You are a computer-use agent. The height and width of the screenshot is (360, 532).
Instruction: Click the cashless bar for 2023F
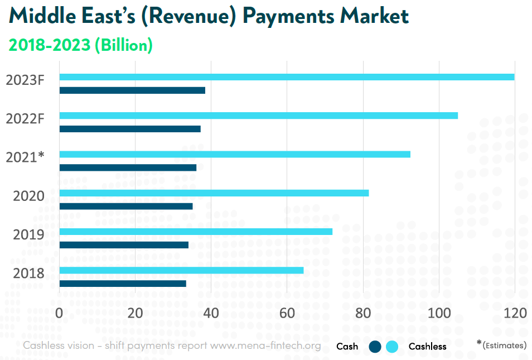pos(287,77)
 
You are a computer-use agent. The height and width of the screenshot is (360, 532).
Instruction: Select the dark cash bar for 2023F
pos(132,90)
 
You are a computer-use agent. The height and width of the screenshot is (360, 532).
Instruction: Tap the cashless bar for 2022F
pos(258,116)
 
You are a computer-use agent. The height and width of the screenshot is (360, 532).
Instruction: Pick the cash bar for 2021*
pos(128,167)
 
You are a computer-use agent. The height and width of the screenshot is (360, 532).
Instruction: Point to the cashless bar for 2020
pos(214,193)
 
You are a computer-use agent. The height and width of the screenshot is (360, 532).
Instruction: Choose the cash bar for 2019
pos(124,244)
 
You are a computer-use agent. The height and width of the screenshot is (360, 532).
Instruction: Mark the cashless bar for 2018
pos(181,270)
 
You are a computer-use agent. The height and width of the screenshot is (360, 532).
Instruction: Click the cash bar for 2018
pos(123,284)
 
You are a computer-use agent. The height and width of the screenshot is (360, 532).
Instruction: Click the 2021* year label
pos(25,157)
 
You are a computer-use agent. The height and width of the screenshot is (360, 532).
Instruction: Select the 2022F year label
pos(25,119)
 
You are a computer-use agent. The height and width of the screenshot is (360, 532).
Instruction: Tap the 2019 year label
pos(28,234)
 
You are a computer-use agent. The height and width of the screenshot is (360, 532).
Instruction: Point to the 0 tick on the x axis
pos(59,313)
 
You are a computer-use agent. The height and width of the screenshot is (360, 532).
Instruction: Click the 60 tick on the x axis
pos(287,313)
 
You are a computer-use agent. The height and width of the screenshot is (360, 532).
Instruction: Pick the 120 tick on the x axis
pos(514,313)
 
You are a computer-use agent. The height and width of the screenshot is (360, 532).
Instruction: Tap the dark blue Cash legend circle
pos(375,347)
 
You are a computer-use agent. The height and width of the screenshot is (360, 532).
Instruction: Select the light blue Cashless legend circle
pos(392,347)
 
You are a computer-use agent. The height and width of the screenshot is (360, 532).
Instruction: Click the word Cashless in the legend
pos(427,347)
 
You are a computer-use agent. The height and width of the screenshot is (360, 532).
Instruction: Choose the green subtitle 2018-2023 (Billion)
pos(80,45)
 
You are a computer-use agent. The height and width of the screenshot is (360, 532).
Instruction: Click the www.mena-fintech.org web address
pos(265,345)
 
